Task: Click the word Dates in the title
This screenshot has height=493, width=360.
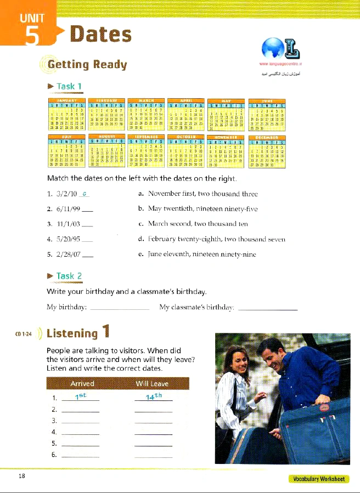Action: coord(101,34)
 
